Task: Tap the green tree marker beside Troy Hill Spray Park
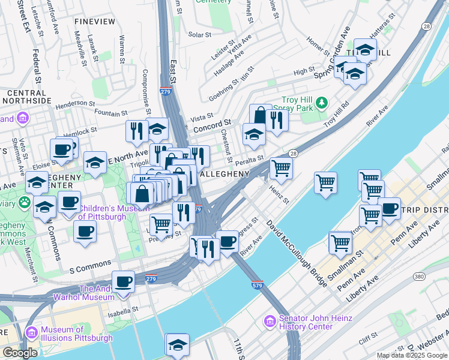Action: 322,103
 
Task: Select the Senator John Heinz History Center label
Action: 305,323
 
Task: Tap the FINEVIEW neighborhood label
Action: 94,22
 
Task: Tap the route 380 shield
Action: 419,277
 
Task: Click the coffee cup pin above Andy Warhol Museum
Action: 124,281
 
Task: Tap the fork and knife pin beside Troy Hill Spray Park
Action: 277,120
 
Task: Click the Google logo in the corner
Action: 20,353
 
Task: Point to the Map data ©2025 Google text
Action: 412,355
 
